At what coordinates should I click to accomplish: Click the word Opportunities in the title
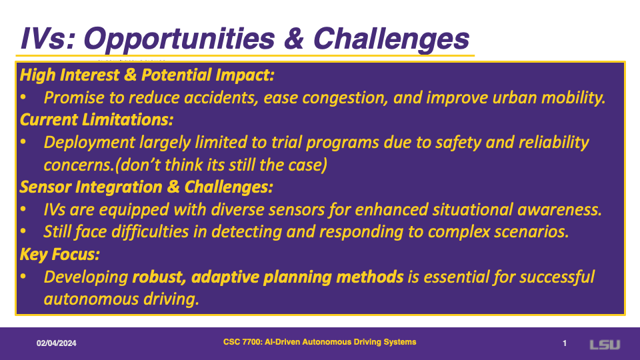tap(180, 39)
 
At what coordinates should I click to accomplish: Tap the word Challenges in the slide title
tap(391, 39)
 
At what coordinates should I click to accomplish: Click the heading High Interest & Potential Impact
tap(147, 75)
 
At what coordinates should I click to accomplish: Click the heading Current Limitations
tap(96, 119)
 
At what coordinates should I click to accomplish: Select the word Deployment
tap(89, 143)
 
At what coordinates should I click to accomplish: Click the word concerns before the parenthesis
tap(79, 165)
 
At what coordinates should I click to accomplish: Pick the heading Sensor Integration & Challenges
tap(146, 187)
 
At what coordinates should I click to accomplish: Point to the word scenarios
tap(531, 232)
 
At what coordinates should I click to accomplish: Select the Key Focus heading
tap(59, 254)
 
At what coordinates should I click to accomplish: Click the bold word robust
tap(160, 277)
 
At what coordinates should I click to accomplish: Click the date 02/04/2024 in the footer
tap(56, 343)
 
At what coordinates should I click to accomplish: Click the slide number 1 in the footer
tap(565, 343)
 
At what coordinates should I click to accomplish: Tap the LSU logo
tap(605, 345)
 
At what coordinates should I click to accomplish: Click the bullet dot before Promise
tap(23, 97)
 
